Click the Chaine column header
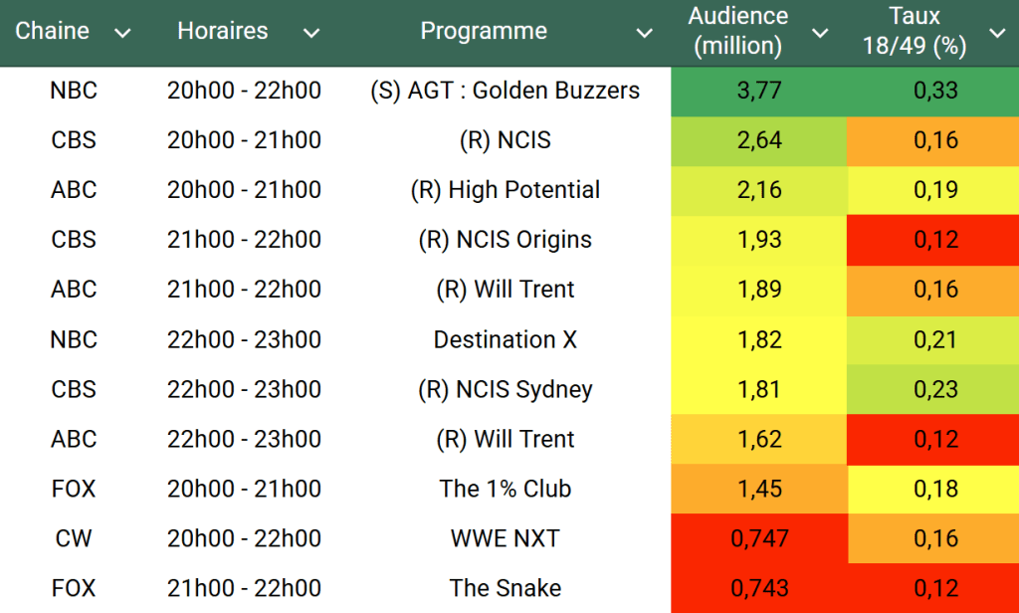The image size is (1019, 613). (52, 31)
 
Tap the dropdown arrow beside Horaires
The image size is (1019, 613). (311, 33)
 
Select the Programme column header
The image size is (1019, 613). (484, 31)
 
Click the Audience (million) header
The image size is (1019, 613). (737, 31)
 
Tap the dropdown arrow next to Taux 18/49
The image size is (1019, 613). (997, 33)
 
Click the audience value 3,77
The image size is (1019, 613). (758, 91)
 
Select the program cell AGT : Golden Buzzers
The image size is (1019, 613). (505, 91)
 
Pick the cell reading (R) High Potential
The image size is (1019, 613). (505, 190)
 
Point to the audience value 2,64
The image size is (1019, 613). (758, 140)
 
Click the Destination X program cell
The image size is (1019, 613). (505, 339)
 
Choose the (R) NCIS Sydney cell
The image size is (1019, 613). (505, 389)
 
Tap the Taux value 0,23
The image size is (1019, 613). (935, 389)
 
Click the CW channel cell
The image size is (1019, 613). (74, 538)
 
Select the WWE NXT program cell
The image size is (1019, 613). (505, 538)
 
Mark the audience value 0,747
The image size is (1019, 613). (759, 538)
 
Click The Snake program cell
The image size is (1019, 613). (505, 588)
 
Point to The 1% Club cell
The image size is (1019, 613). (505, 489)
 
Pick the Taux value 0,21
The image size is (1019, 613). (935, 339)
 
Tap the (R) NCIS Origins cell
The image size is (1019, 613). (505, 240)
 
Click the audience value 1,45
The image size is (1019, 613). (758, 489)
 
